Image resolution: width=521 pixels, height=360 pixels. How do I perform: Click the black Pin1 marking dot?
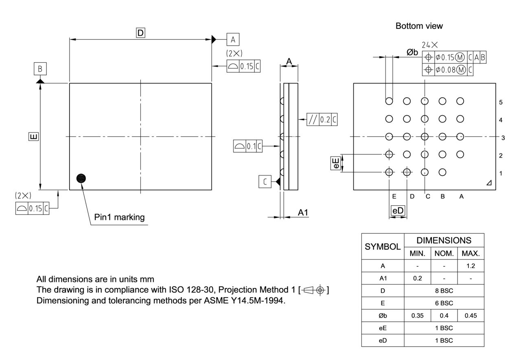point(81,178)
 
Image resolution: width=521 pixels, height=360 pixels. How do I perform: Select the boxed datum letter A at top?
point(233,39)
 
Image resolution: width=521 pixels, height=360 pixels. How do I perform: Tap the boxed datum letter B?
point(40,69)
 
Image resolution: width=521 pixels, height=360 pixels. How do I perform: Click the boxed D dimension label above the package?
point(140,33)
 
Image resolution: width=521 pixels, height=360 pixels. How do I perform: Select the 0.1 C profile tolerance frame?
point(247,146)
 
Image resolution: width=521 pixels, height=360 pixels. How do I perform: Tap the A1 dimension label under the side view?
point(303,212)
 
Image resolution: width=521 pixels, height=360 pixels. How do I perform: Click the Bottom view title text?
point(419,26)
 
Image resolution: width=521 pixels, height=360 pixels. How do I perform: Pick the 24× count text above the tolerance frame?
point(430,45)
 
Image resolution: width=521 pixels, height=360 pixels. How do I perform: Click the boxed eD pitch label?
point(398,211)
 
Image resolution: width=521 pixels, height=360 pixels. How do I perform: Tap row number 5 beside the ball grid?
point(501,102)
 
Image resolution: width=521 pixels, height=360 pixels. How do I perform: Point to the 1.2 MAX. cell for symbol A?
point(471,266)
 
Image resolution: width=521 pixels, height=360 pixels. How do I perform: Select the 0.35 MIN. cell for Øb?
point(417,315)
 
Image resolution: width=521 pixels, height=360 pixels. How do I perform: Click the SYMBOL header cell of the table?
point(382,246)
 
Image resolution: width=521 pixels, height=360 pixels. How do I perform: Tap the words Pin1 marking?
point(119,217)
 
